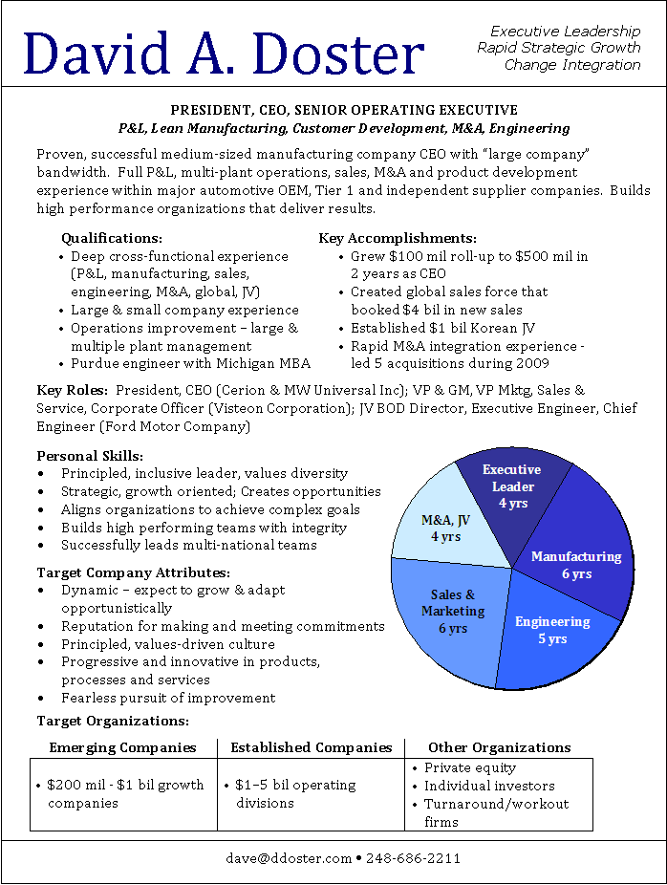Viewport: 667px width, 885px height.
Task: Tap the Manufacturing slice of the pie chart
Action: coord(577,564)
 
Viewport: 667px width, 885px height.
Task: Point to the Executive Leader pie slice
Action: coord(511,486)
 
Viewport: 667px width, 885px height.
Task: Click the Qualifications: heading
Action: coord(112,238)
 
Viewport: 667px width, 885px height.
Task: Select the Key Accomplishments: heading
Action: coord(398,238)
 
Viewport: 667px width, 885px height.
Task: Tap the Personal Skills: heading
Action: coord(90,456)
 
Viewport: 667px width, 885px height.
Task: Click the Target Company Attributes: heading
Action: coord(133,572)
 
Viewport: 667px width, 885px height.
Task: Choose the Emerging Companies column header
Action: coord(122,747)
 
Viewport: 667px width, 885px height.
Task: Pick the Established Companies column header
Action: coord(312,747)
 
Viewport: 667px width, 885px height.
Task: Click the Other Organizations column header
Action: coord(499,747)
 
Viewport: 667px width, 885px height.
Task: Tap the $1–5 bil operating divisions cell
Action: coord(296,794)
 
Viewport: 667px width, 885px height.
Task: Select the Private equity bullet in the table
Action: coord(470,767)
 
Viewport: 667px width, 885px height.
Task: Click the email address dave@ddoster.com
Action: coord(289,858)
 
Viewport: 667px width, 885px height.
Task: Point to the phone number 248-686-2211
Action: coord(413,858)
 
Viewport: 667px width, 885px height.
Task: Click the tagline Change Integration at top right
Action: coord(572,65)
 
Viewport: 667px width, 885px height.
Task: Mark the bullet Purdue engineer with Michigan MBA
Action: coord(190,363)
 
